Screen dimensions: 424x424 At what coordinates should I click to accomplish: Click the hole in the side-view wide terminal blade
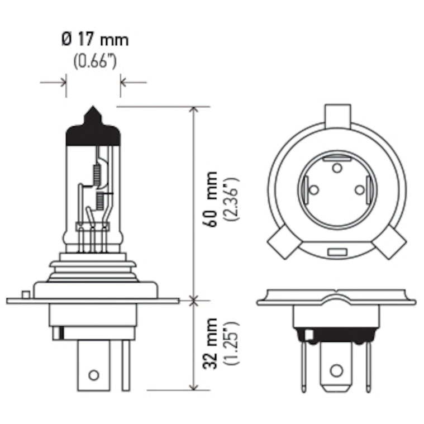point(94,374)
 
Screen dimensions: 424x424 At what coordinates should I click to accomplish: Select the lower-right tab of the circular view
point(391,243)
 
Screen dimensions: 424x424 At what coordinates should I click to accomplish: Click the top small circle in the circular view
point(336,168)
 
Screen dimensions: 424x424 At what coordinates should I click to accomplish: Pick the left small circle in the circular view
point(314,190)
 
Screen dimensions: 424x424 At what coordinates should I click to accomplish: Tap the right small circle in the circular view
point(359,190)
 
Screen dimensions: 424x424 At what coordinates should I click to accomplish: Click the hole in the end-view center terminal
point(336,370)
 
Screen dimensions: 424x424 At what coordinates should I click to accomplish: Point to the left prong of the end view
point(303,366)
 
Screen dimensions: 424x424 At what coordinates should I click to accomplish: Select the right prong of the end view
point(368,366)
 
